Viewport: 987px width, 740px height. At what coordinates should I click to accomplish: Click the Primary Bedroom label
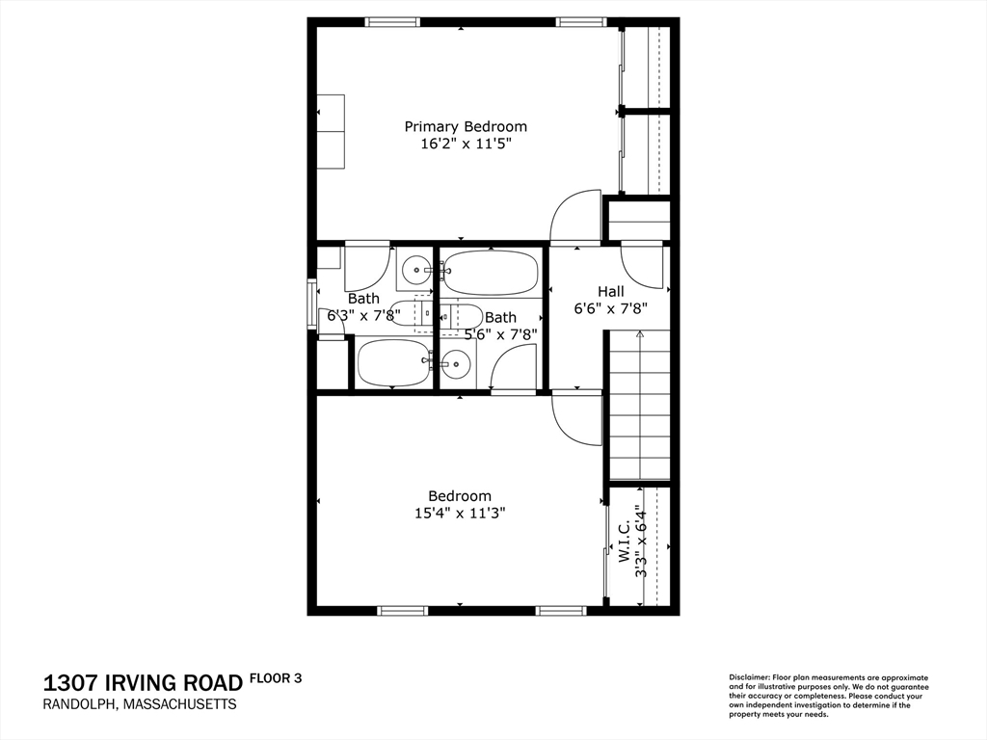pyautogui.click(x=466, y=126)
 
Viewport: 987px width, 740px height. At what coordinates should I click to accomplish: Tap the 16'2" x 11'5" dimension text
pyautogui.click(x=466, y=145)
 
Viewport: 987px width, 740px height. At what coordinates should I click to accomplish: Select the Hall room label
pyautogui.click(x=610, y=291)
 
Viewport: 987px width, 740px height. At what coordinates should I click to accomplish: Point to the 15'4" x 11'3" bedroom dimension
pyautogui.click(x=460, y=514)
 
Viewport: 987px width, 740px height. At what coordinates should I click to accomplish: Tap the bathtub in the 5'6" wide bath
pyautogui.click(x=489, y=272)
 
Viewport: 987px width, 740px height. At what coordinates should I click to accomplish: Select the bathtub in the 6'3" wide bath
pyautogui.click(x=394, y=363)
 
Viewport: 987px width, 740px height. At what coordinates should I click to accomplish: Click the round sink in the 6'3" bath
pyautogui.click(x=415, y=271)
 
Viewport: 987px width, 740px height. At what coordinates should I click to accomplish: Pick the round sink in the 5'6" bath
pyautogui.click(x=454, y=363)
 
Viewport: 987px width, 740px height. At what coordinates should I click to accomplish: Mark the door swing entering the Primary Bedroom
pyautogui.click(x=574, y=216)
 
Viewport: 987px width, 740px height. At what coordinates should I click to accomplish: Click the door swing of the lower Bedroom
pyautogui.click(x=576, y=419)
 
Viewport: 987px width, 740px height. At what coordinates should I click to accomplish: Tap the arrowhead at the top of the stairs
pyautogui.click(x=640, y=335)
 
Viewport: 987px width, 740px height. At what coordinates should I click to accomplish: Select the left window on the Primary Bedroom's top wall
pyautogui.click(x=392, y=22)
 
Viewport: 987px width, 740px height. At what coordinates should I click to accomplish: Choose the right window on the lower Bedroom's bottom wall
pyautogui.click(x=561, y=610)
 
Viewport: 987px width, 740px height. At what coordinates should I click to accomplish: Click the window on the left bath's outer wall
pyautogui.click(x=311, y=303)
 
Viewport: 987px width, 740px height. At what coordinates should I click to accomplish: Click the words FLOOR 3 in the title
pyautogui.click(x=276, y=678)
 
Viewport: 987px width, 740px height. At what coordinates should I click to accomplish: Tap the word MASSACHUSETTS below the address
pyautogui.click(x=179, y=704)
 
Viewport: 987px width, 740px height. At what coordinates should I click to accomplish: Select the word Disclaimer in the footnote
pyautogui.click(x=750, y=677)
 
